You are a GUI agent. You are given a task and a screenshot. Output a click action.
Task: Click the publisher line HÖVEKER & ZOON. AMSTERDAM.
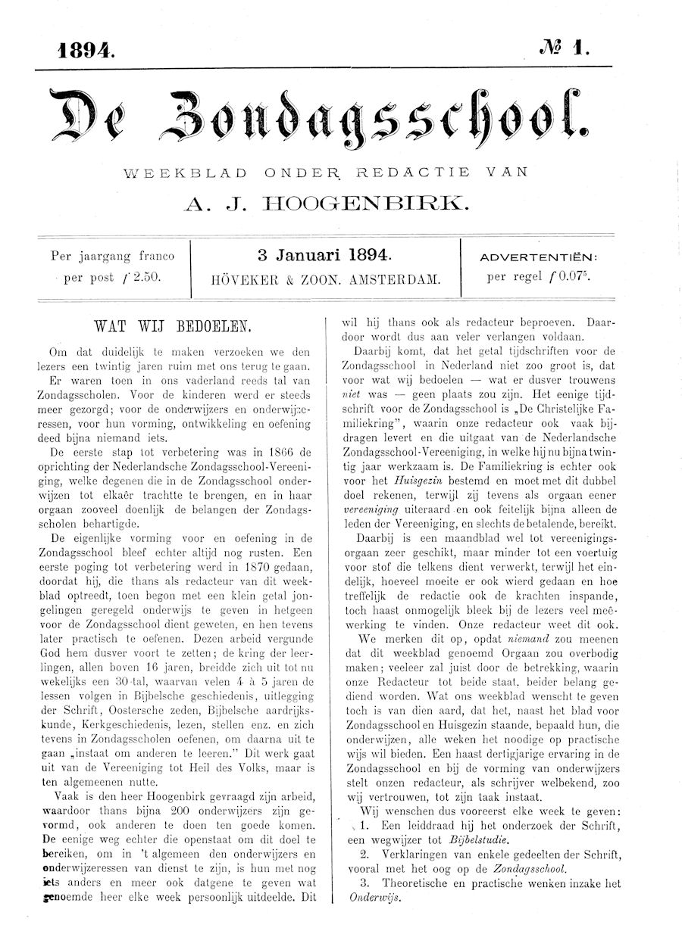click(326, 279)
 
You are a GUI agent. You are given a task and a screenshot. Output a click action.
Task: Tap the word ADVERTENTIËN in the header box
click(539, 257)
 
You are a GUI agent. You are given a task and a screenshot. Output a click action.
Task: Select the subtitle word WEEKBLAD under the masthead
click(182, 172)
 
